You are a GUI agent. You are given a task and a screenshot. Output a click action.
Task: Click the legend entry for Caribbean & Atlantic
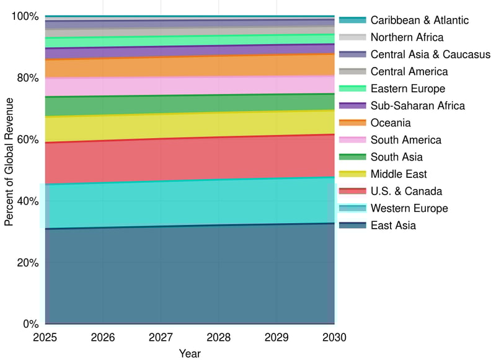(x=420, y=20)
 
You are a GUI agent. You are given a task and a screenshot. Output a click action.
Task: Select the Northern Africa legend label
(x=407, y=37)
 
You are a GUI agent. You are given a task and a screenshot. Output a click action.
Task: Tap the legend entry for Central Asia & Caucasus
(x=430, y=55)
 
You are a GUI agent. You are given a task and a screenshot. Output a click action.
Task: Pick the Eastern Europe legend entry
(x=407, y=89)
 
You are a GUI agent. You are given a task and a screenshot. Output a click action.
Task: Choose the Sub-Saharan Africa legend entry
(x=417, y=106)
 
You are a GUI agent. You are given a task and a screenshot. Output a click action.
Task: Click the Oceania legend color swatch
(x=353, y=123)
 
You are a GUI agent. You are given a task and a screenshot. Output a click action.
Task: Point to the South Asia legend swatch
(x=353, y=157)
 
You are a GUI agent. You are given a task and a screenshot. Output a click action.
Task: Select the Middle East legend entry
(x=399, y=174)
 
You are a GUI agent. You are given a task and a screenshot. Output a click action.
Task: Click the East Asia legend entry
(x=393, y=226)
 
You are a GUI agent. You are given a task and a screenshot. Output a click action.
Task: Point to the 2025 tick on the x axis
(x=45, y=338)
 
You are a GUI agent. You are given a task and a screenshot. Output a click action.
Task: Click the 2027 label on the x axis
(x=161, y=338)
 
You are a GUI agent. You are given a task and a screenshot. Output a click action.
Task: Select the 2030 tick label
(x=334, y=338)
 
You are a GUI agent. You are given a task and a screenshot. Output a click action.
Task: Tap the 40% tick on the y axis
(x=27, y=201)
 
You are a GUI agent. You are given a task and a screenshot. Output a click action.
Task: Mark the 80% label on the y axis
(x=27, y=78)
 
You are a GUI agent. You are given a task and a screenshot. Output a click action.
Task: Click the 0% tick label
(x=30, y=324)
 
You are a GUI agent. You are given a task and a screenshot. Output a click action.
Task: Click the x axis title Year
(x=190, y=354)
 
